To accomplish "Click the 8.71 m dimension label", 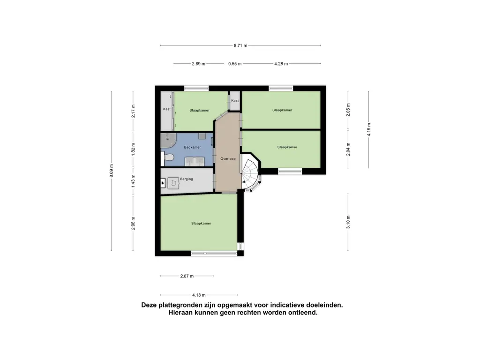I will [x=240, y=45].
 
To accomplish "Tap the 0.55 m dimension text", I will [x=235, y=64].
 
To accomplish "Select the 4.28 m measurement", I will [x=281, y=64].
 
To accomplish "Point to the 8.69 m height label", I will [x=112, y=171].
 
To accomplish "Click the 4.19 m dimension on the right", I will [x=368, y=129].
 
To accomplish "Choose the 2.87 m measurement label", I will [x=187, y=276].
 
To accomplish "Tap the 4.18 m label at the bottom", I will [x=199, y=295].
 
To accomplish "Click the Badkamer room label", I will [x=192, y=147].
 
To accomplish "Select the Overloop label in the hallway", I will [x=228, y=159].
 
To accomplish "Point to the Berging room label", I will [x=187, y=179].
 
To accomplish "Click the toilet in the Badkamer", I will [x=168, y=157].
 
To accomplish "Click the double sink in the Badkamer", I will [x=194, y=161].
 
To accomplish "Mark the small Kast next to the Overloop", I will [x=234, y=101].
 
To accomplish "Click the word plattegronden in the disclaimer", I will [x=182, y=305].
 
